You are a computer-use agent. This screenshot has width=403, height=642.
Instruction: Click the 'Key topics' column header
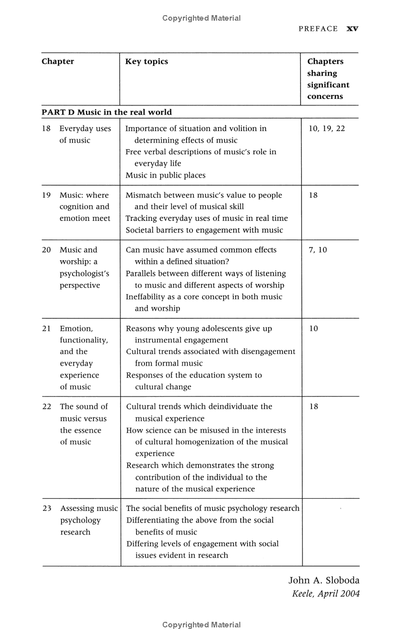pos(147,62)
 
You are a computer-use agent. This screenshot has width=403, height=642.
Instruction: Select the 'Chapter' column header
pos(57,62)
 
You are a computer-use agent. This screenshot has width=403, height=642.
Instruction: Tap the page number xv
pos(352,29)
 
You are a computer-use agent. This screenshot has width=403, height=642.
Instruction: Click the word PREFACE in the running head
pos(318,29)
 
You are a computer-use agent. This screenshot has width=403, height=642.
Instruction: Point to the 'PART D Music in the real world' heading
pos(106,112)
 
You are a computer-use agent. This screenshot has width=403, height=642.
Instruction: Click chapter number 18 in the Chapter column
pos(46,129)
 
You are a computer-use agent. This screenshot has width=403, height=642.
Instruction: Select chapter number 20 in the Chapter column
pos(47,250)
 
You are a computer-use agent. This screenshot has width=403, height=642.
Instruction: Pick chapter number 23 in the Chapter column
pos(47,508)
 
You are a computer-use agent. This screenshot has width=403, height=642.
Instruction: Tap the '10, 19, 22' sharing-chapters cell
pos(326,129)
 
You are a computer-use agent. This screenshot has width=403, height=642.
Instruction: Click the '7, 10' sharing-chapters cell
pos(317,250)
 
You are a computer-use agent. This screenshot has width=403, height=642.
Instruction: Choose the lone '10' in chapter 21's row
pos(313,328)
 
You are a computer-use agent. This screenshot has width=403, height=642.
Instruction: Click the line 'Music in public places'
pos(165,176)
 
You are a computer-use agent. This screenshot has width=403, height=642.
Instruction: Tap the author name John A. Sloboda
pos(324,580)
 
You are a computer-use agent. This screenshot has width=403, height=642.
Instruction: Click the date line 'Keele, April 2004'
pos(326,594)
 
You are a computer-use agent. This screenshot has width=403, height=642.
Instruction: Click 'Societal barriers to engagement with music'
pos(204,230)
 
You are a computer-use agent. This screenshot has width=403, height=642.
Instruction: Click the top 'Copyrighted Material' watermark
pos(201,18)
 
